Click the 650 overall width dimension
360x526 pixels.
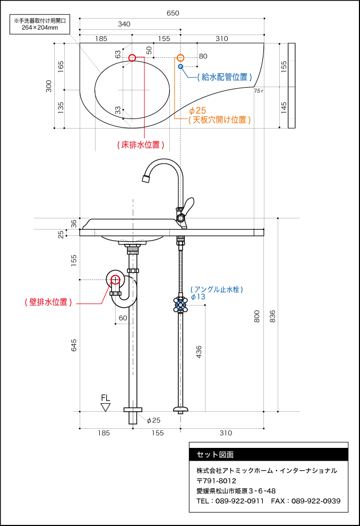click(x=173, y=13)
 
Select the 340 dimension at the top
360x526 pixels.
click(x=124, y=24)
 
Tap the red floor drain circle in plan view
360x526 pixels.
click(x=132, y=58)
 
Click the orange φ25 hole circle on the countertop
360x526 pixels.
click(x=181, y=58)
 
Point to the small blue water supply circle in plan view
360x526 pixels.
click(x=181, y=66)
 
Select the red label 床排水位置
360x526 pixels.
click(x=141, y=145)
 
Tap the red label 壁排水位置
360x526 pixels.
click(x=48, y=302)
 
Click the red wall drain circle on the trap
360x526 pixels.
click(x=115, y=279)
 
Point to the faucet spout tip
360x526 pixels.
click(x=146, y=179)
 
